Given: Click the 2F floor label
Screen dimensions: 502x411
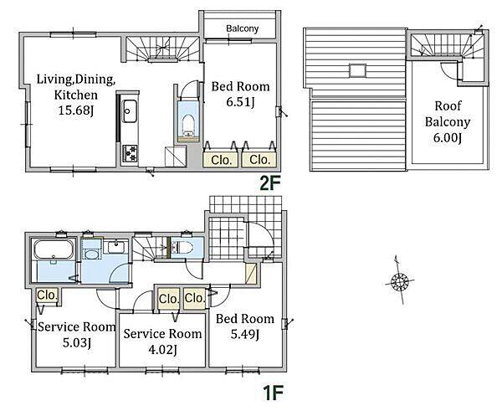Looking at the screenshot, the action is [x=270, y=183].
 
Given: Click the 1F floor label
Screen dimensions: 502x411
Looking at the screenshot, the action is [x=273, y=393].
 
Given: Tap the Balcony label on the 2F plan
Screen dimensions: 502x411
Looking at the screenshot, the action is [x=242, y=28].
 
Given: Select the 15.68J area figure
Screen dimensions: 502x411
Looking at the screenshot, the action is [x=76, y=110].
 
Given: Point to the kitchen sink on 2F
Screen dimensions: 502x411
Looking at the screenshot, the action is [x=130, y=111].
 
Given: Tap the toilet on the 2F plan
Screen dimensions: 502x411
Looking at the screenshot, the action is [x=188, y=126].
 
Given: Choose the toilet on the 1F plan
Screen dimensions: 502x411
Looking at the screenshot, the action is [x=182, y=247].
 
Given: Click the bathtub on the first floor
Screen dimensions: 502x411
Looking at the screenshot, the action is [x=54, y=249].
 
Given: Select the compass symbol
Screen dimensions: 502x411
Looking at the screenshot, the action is [x=400, y=281].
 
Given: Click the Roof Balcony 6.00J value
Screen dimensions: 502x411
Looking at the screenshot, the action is [x=448, y=138].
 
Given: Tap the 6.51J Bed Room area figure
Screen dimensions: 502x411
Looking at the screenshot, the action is [x=240, y=102].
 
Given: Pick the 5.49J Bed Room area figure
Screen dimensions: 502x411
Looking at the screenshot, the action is [x=245, y=334].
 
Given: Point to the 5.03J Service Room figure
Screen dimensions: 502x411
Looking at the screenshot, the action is [x=77, y=342].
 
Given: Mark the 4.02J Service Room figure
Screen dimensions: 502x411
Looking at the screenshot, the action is [x=162, y=350].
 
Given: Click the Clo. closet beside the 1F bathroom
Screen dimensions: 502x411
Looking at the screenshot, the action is [x=47, y=295].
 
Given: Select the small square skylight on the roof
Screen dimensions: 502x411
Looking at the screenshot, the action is [x=357, y=70].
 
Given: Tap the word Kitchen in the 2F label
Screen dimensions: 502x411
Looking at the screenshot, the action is [x=75, y=95].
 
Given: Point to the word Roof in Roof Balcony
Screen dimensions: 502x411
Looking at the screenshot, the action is [x=448, y=105].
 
